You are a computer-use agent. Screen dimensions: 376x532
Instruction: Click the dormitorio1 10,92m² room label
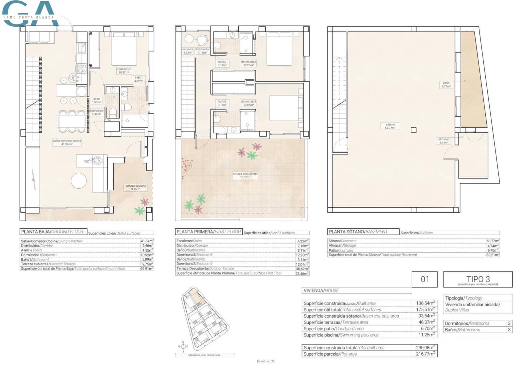coord(124,71)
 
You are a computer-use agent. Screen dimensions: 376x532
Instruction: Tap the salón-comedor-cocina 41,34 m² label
coord(67,142)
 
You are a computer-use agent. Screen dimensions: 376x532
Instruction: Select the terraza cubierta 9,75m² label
coord(136,187)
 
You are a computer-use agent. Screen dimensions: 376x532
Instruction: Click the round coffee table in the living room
coord(79,181)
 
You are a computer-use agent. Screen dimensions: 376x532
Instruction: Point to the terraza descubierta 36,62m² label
coord(245,175)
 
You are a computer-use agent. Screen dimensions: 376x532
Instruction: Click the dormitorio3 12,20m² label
coord(249,63)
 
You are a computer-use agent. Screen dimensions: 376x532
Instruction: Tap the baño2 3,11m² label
coord(222,103)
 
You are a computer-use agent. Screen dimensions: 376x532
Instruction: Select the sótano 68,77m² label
coord(390,126)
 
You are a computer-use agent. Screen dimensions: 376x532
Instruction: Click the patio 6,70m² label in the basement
coord(446,85)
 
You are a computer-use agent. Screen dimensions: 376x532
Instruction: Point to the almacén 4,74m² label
coord(444,141)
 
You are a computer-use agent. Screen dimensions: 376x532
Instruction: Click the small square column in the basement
coord(414,130)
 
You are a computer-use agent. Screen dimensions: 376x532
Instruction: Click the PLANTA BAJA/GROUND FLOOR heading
coord(53,232)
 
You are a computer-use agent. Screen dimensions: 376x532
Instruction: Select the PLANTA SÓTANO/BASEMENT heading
coord(358,232)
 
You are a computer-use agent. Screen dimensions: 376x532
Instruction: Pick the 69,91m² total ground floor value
coord(147,269)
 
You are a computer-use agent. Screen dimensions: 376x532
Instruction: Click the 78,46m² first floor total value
coord(302,273)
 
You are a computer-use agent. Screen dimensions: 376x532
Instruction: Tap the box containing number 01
coord(425,279)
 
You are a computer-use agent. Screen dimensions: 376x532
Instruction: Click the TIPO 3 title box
coord(478,280)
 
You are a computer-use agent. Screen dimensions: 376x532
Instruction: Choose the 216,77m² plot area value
coord(425,354)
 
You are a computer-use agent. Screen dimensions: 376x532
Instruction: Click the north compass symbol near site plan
coord(183,346)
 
